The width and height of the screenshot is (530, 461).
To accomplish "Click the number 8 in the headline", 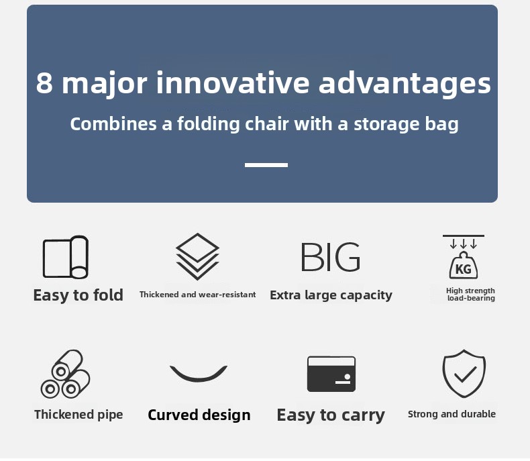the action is [44, 83].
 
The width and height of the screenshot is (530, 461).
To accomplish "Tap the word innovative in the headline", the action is [233, 82].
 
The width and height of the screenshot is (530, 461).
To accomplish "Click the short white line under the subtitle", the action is [266, 165].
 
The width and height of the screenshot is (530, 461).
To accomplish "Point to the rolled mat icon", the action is [66, 257].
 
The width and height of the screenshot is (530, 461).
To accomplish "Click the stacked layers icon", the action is [197, 257].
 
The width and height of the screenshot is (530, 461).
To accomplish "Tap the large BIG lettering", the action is [331, 257].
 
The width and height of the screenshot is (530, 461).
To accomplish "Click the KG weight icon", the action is [464, 257].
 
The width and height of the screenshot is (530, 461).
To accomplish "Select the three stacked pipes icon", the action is [65, 374].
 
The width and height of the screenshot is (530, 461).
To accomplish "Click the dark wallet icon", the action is [331, 374].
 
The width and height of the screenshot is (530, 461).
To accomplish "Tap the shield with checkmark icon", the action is [464, 374].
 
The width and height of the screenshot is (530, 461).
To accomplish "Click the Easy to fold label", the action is [78, 295].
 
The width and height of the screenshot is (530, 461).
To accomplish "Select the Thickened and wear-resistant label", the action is [198, 295].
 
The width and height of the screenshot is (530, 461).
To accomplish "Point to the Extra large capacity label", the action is [331, 295].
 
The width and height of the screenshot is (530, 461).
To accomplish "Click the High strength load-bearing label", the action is [470, 294].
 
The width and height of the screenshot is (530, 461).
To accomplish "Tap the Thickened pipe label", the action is [78, 414].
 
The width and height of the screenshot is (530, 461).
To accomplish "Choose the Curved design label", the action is [199, 415].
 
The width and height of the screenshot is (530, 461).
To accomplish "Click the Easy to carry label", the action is [331, 415].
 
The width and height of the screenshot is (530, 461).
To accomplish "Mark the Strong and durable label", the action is [452, 414].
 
